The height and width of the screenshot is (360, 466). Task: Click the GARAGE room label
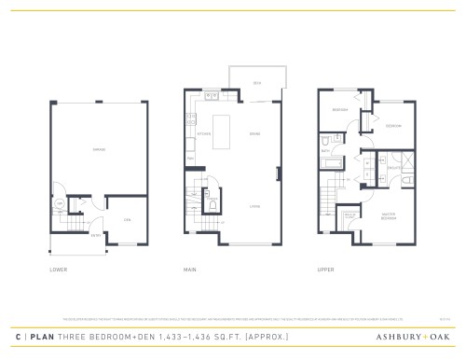[97, 149]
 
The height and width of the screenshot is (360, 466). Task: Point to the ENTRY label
[95, 236]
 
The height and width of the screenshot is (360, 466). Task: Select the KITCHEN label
[203, 133]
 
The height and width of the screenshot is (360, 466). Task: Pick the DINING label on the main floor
[254, 133]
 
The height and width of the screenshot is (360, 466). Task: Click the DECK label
[256, 81]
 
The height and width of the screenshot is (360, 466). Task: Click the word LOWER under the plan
[57, 270]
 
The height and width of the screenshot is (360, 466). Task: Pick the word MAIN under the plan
[189, 270]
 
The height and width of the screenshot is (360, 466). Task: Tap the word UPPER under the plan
[325, 270]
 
